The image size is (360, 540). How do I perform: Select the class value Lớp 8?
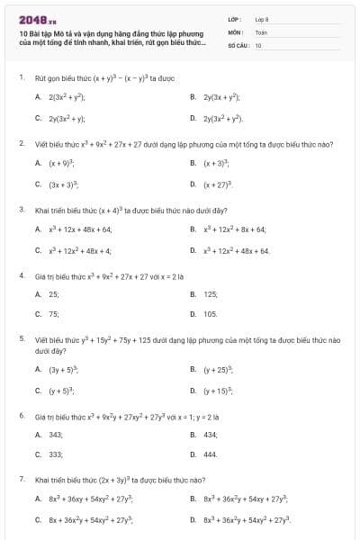point(262,18)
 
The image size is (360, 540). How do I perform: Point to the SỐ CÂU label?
point(238,44)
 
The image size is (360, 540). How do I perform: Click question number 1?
point(21,78)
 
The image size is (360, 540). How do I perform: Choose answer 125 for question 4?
point(211,294)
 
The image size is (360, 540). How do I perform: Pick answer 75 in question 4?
point(54,314)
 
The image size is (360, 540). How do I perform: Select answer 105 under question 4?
point(211,314)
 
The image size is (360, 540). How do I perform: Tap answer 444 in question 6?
point(211,454)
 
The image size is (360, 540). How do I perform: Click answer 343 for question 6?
point(56,435)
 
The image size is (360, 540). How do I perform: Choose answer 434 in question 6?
point(211,435)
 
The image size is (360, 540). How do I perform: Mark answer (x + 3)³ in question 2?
point(216,164)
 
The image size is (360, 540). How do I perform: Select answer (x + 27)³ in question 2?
point(218,184)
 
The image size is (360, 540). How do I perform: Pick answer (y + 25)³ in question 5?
point(218,370)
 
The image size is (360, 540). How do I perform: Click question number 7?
point(21,480)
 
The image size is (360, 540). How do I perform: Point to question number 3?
point(21,210)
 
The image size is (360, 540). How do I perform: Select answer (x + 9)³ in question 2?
point(61,164)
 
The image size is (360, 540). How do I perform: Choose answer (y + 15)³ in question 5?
point(218,391)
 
